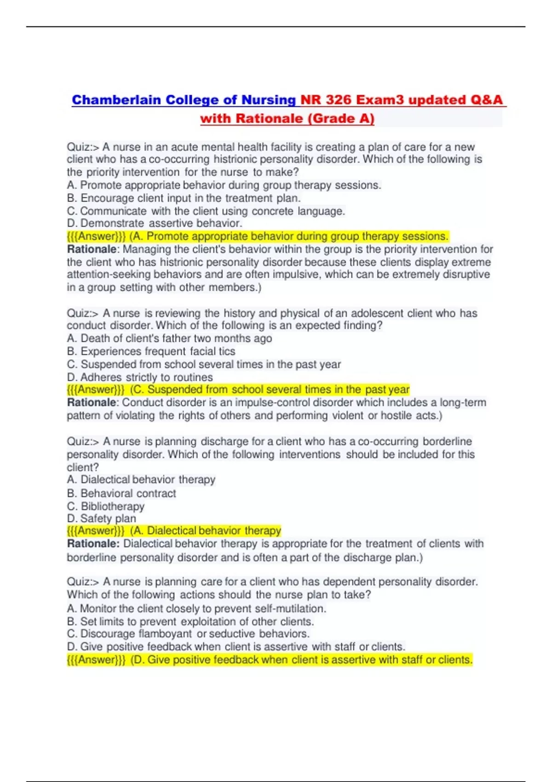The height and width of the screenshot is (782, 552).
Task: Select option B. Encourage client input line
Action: (x=184, y=198)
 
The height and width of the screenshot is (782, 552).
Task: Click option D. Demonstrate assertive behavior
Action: (x=155, y=224)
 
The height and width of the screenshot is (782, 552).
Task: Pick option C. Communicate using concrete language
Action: (x=206, y=211)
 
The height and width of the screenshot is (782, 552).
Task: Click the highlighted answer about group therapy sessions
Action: (x=258, y=236)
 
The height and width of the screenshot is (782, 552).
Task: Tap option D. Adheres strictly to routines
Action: (x=140, y=377)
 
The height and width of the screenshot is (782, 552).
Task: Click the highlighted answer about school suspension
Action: (x=238, y=390)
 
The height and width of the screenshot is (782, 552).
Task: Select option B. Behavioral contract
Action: (x=121, y=494)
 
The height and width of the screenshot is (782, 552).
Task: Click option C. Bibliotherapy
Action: (x=106, y=506)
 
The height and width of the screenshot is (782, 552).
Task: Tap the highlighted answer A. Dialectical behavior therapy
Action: (x=174, y=531)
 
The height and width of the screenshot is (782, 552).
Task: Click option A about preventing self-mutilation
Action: (x=196, y=609)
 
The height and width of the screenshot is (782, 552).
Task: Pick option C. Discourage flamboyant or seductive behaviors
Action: (x=188, y=634)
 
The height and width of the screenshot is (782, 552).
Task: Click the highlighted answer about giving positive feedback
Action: (x=270, y=660)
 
